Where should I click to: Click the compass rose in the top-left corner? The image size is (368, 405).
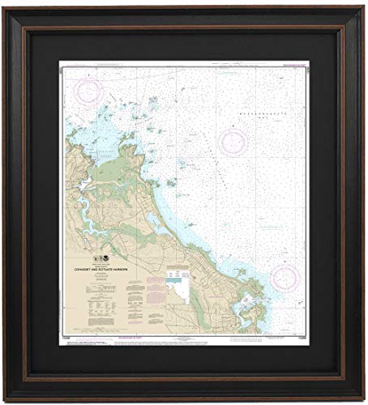pyautogui.click(x=89, y=91)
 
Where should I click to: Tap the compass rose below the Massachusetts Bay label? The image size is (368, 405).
pyautogui.click(x=233, y=142)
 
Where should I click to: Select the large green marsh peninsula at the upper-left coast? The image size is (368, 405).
pyautogui.click(x=122, y=166)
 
